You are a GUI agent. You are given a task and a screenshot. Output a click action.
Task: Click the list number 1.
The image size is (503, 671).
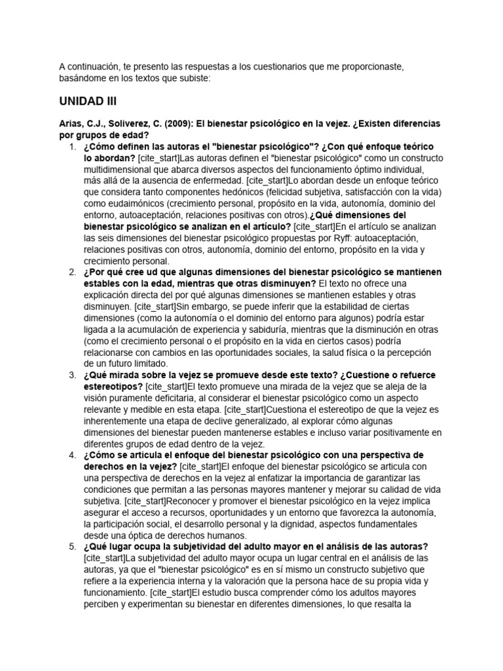pos(71,146)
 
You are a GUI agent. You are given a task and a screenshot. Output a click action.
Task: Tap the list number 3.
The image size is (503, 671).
pos(71,375)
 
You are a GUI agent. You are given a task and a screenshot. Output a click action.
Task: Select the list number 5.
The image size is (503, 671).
pos(71,546)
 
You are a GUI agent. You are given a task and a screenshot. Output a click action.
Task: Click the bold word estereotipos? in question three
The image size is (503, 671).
pos(113,387)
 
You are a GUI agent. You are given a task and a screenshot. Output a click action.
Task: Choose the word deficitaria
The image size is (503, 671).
pos(159,398)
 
